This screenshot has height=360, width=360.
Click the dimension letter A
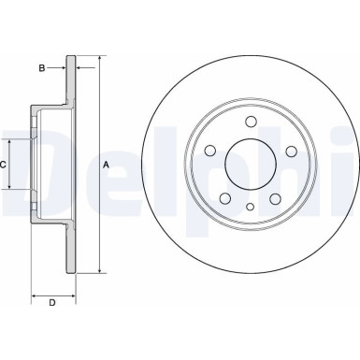coord(106,165)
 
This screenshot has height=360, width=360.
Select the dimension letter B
coord(42,67)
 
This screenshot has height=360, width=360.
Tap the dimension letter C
coord(4,165)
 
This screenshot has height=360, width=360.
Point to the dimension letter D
coord(51,301)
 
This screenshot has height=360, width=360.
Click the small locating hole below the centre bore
coord(251,209)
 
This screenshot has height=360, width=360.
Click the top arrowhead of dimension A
coord(96,59)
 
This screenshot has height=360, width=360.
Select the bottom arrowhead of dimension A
coord(96,271)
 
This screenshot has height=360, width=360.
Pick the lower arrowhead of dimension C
coord(11,188)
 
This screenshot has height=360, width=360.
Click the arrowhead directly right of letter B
coord(63,67)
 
